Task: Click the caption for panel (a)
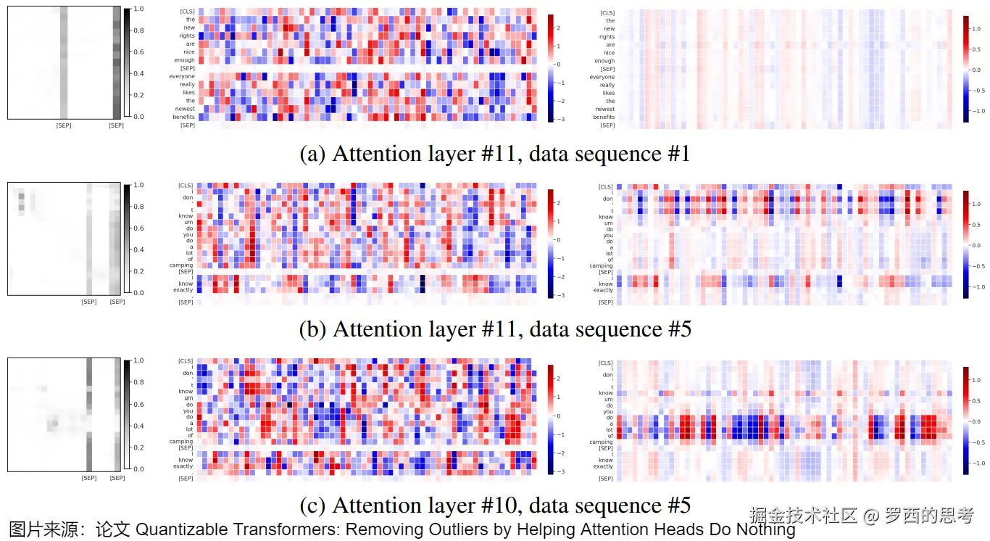[494, 154]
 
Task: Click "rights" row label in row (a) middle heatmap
[187, 36]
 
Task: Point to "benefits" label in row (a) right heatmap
[604, 117]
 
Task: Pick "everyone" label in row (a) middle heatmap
[183, 76]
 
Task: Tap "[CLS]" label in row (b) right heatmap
[606, 187]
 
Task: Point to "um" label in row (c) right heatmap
[610, 400]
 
